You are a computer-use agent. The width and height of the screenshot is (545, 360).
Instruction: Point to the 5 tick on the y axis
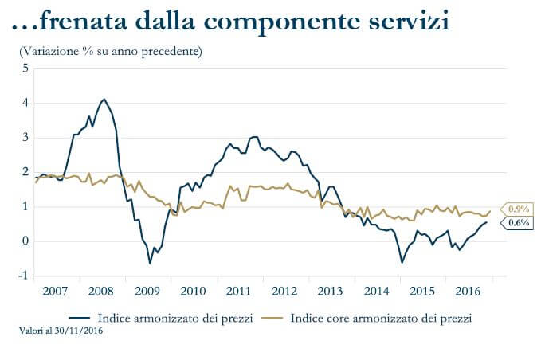tap(25, 68)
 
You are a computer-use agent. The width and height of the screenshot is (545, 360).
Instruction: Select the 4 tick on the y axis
tap(25, 103)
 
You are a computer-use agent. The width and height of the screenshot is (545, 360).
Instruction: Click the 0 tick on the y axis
tap(25, 241)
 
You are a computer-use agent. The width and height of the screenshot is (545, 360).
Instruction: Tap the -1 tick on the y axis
tap(24, 276)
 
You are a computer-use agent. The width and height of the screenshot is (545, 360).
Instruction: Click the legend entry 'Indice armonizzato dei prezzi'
tap(175, 318)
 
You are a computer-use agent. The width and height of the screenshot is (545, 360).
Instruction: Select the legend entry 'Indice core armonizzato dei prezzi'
tap(381, 318)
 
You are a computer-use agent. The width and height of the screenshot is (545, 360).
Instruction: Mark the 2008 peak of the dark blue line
tap(104, 99)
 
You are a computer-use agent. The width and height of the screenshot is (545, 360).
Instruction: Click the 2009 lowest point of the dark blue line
tap(150, 263)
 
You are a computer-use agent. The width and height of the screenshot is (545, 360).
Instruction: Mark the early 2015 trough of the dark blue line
tap(402, 262)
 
